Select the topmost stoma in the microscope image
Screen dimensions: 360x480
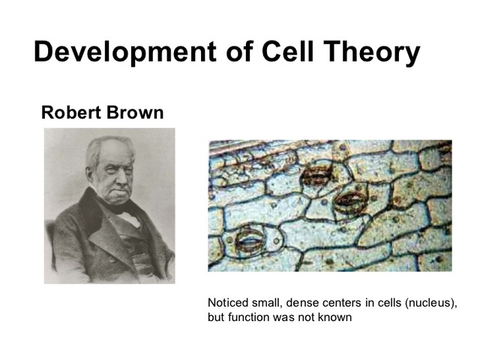click(317, 175)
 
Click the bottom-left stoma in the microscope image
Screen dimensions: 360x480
click(250, 240)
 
